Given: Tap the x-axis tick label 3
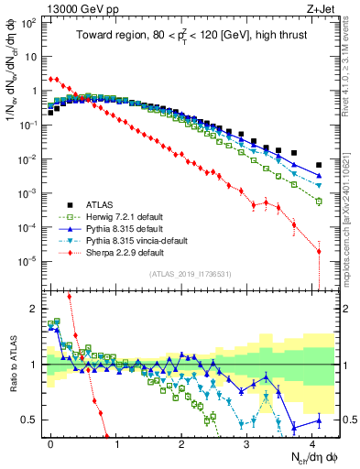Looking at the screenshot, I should (245, 442).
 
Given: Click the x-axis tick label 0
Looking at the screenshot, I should (50, 442).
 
